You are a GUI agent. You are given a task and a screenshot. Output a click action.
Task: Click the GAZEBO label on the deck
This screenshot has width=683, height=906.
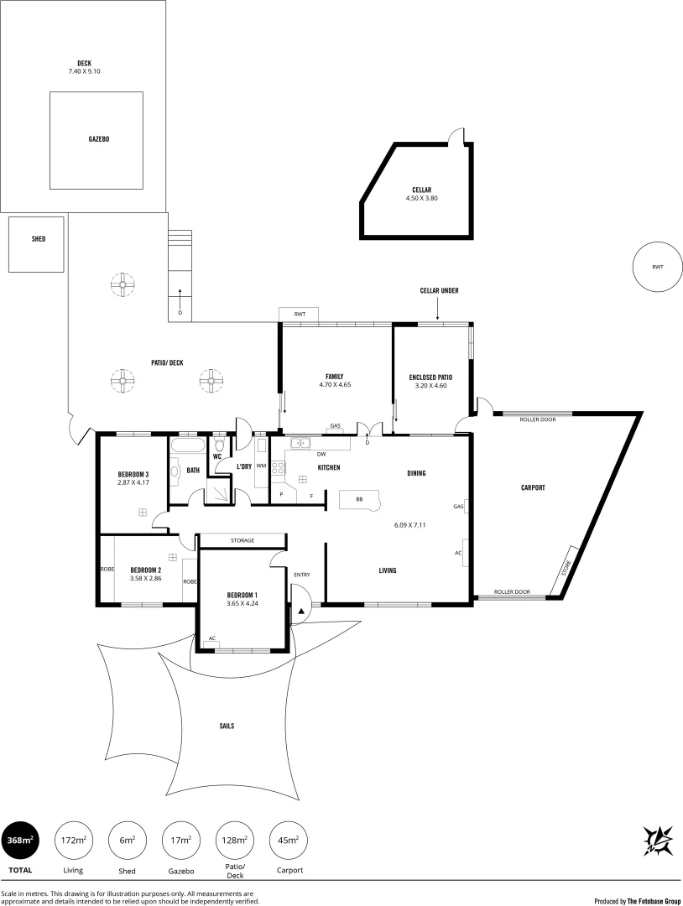(x=99, y=139)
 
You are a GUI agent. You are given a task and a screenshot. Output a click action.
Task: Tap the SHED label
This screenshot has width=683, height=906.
(x=39, y=239)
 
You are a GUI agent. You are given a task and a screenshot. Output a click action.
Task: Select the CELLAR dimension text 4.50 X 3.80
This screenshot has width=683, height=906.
(x=422, y=198)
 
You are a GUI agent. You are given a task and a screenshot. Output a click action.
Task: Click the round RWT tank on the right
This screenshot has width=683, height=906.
(x=657, y=267)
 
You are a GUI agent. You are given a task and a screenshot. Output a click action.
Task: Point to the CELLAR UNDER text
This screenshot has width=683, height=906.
(x=440, y=290)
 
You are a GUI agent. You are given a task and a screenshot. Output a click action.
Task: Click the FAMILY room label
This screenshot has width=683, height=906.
(x=335, y=376)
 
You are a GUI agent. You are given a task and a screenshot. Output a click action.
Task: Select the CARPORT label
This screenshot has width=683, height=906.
(x=534, y=487)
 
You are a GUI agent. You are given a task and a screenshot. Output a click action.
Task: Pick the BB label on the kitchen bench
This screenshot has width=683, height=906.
(x=359, y=499)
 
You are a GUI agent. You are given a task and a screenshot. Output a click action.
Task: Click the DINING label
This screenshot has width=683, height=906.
(x=416, y=473)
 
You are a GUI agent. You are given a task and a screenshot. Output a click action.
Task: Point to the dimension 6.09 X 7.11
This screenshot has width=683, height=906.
(x=410, y=525)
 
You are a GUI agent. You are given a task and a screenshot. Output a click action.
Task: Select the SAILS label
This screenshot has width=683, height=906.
(x=227, y=726)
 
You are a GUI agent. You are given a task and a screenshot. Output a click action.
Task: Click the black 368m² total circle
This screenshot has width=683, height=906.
(x=20, y=839)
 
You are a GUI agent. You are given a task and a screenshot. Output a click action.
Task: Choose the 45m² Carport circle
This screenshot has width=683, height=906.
(x=287, y=839)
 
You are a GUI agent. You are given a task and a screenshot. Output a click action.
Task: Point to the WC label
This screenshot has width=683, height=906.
(x=216, y=457)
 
